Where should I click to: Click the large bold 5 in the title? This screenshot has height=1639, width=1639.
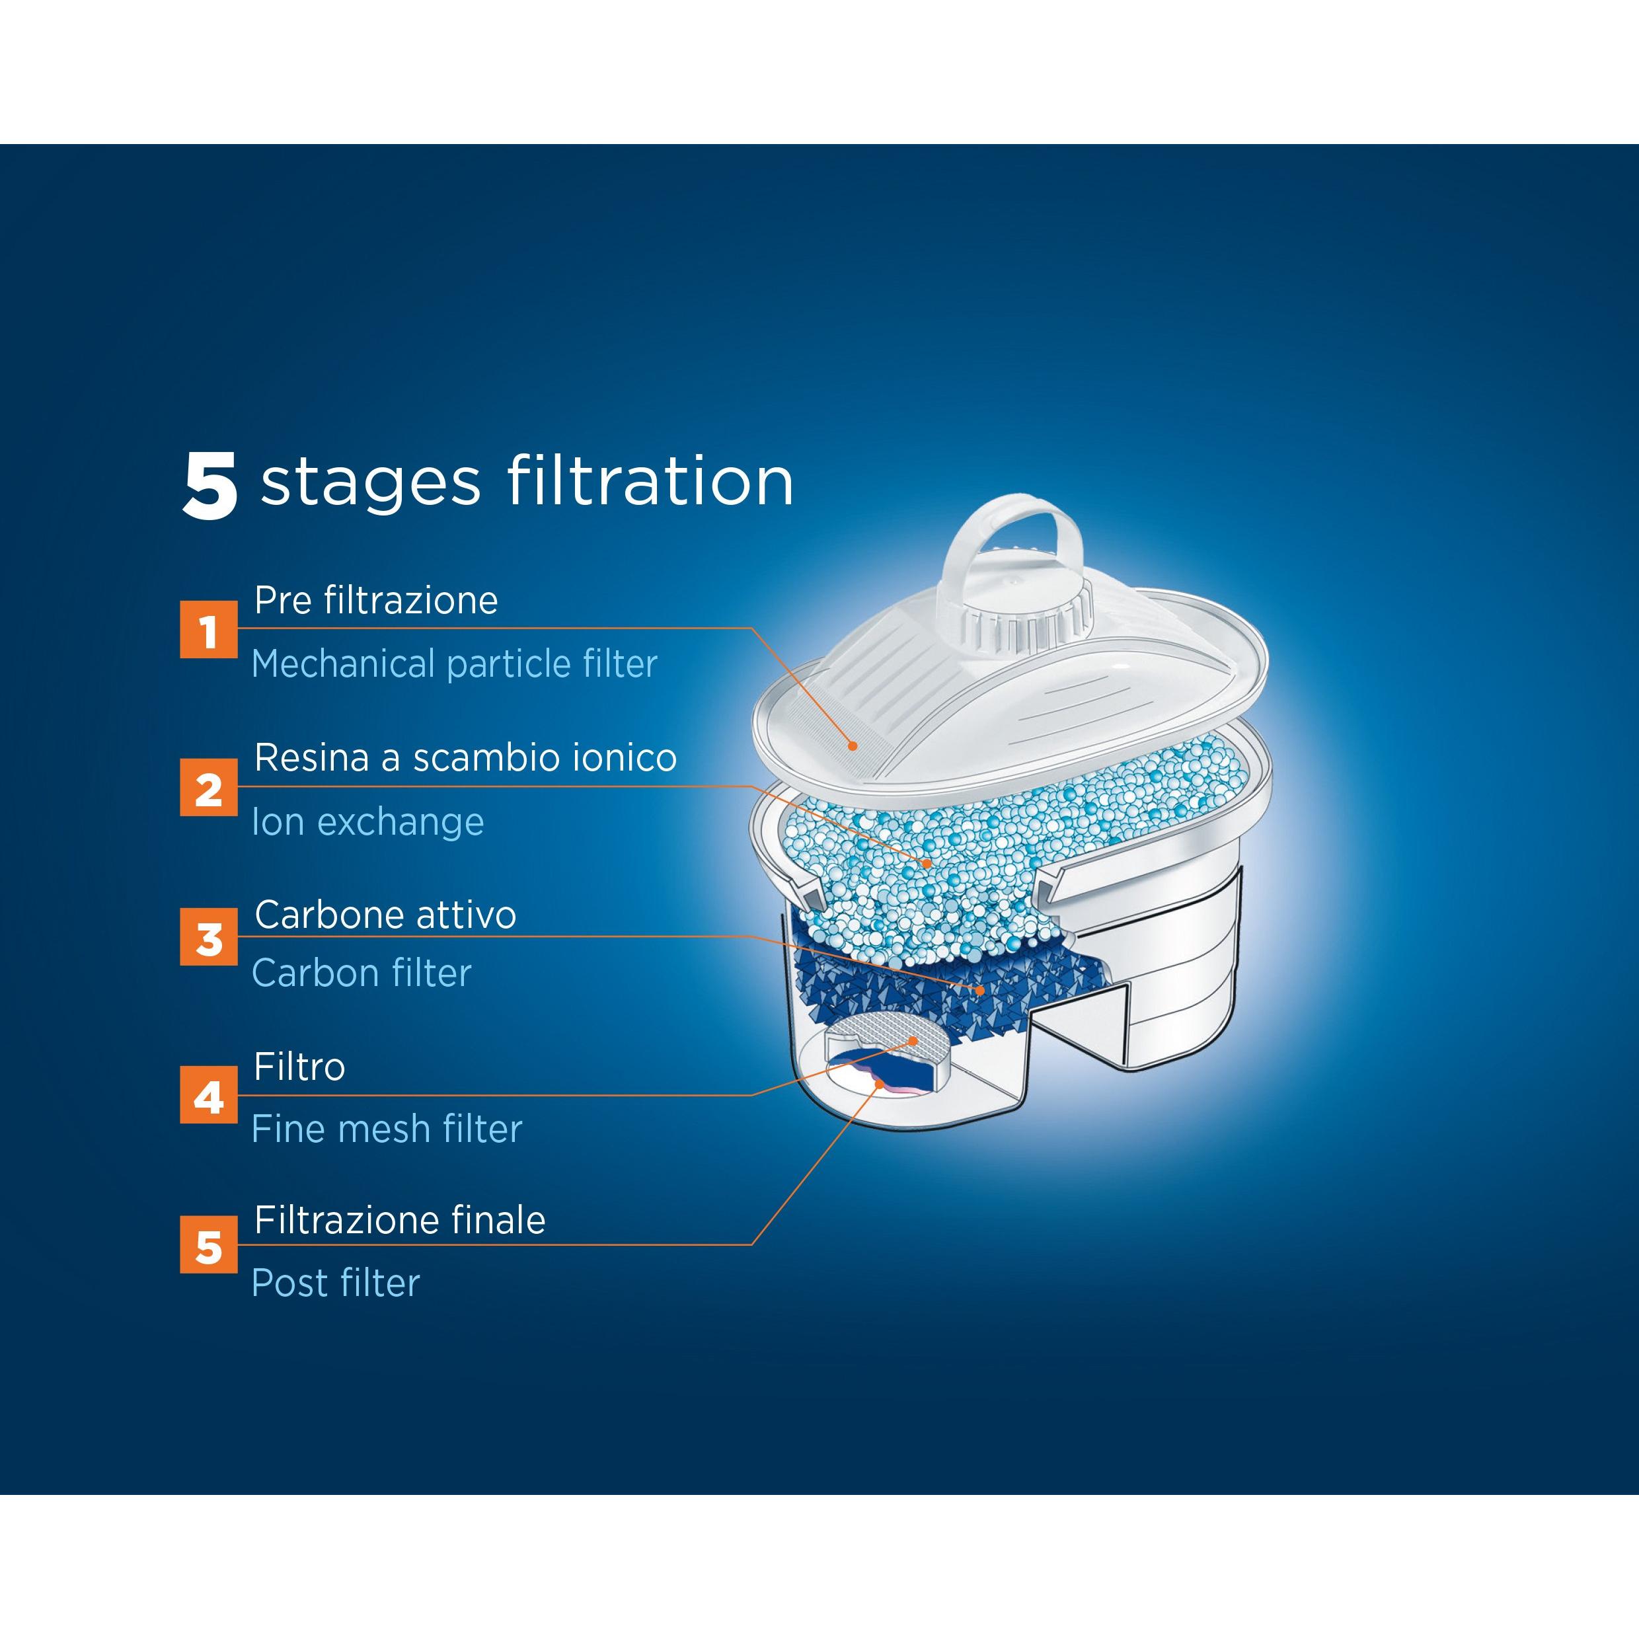[x=210, y=485]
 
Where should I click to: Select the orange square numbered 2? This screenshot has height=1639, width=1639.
[x=209, y=788]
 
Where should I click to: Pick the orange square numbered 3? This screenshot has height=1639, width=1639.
[x=209, y=937]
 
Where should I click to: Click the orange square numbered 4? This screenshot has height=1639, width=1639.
[x=209, y=1095]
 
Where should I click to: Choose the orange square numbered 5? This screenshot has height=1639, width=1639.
[x=209, y=1245]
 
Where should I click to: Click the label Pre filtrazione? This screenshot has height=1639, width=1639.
[x=376, y=601]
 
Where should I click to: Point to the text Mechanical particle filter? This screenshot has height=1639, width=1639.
[x=454, y=664]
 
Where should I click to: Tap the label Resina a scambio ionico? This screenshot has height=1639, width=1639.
[x=465, y=757]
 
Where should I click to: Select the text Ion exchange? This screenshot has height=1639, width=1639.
[x=367, y=821]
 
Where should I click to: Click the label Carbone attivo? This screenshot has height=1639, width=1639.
[x=385, y=915]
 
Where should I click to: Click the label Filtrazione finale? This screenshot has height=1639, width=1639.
[x=400, y=1221]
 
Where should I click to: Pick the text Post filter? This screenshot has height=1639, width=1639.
[x=335, y=1283]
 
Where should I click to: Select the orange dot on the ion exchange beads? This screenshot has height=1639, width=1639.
[x=927, y=862]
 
